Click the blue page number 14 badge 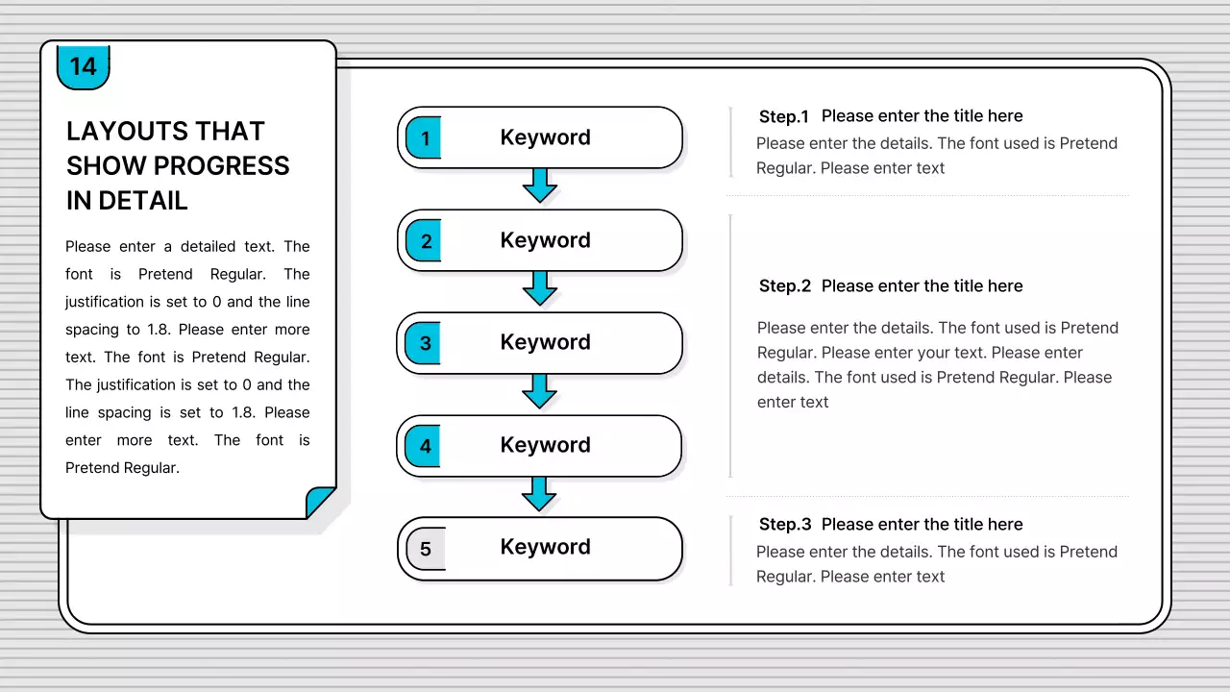pos(84,67)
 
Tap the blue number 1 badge pos(424,137)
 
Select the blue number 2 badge pos(424,240)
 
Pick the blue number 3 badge pos(423,343)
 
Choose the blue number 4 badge pos(423,446)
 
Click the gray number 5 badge pos(426,549)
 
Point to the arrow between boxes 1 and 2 pos(540,185)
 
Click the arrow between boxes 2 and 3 pos(540,288)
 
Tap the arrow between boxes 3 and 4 pos(539,391)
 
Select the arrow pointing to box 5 pos(539,494)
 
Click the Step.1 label pos(783,116)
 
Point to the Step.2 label pos(785,286)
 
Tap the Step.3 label pos(785,525)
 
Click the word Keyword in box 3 pos(545,342)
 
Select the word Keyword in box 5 pos(545,547)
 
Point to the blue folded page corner pos(320,501)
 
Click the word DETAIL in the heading pos(143,201)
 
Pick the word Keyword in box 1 pos(545,137)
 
